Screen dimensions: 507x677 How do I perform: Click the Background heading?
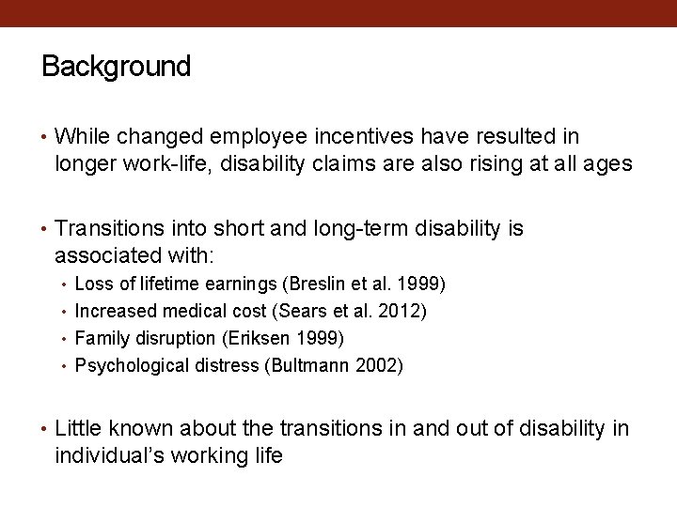tap(116, 67)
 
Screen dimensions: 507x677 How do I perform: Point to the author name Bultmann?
tap(313, 365)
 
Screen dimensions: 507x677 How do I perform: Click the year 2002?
tap(379, 365)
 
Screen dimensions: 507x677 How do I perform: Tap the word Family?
tap(100, 338)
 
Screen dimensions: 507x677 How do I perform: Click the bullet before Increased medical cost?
tap(64, 311)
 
